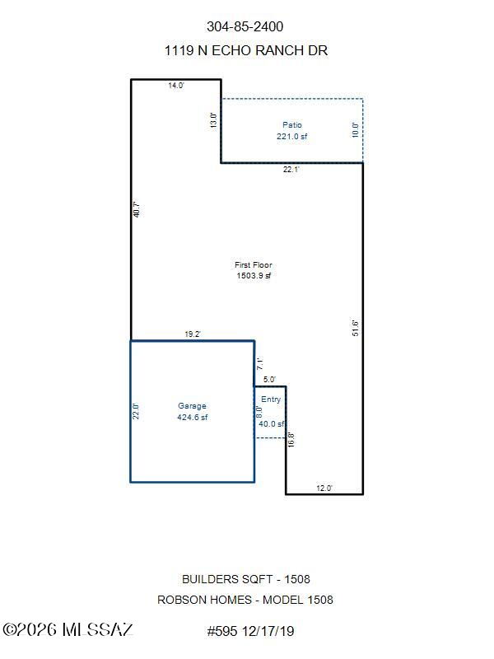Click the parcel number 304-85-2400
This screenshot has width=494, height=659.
(x=245, y=26)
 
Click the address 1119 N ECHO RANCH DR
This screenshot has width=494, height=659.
(x=245, y=50)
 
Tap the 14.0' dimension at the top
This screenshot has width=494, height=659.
(x=176, y=86)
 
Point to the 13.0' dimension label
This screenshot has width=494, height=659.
(x=213, y=120)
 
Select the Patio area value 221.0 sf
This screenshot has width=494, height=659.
(x=292, y=136)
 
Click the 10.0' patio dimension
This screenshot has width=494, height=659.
(x=356, y=130)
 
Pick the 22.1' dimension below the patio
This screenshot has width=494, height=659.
(x=291, y=170)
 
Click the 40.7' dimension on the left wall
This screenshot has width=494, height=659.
(x=136, y=210)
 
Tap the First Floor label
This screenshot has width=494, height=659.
(x=254, y=264)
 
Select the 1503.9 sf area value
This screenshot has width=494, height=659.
(x=254, y=276)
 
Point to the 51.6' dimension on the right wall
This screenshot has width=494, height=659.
(x=356, y=328)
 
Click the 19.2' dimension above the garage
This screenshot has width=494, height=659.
(x=193, y=334)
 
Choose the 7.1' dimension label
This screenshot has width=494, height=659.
(x=259, y=363)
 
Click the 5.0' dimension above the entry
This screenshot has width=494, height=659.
(x=269, y=379)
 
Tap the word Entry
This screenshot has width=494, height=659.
(x=271, y=400)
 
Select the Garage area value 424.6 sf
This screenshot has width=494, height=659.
(x=193, y=417)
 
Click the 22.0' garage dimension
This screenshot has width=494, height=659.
(x=136, y=411)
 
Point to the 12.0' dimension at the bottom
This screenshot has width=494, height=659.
(x=324, y=488)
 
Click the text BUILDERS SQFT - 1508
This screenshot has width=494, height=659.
(x=245, y=579)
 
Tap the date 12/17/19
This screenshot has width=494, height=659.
(x=268, y=631)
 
